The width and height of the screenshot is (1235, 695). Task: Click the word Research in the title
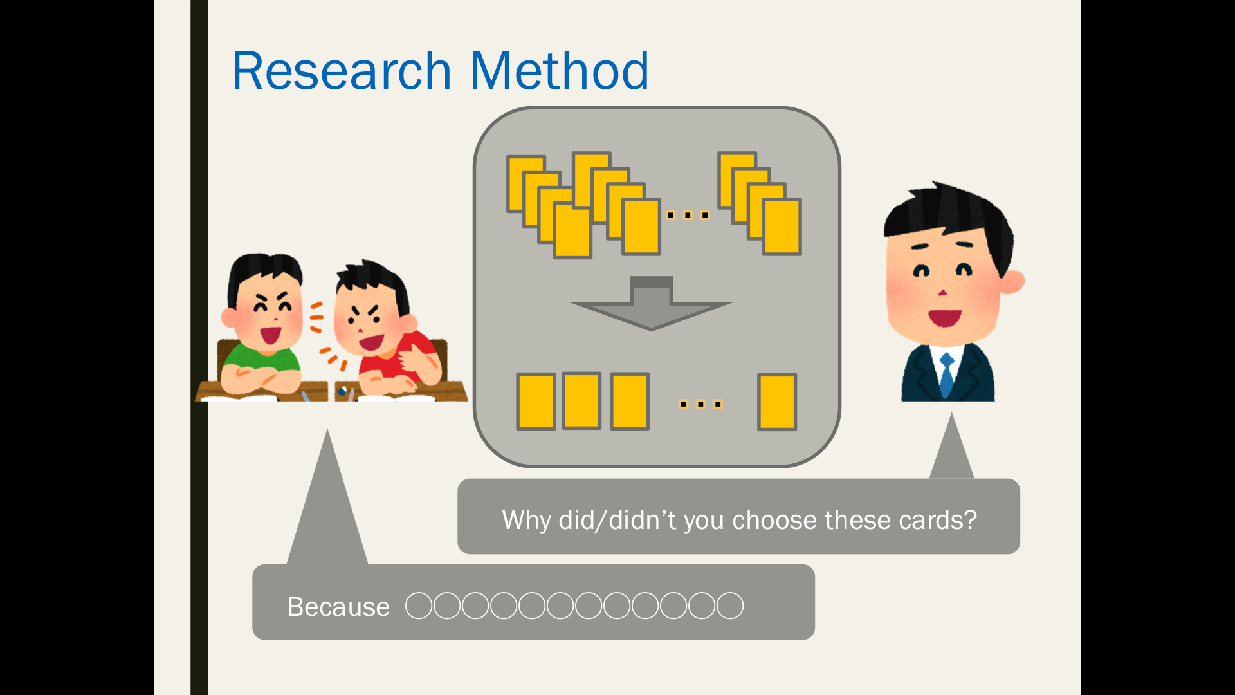click(x=342, y=71)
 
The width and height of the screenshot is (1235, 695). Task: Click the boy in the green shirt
click(x=261, y=328)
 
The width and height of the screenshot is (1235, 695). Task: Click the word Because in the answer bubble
click(x=338, y=607)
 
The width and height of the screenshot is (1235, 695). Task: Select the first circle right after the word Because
click(x=419, y=606)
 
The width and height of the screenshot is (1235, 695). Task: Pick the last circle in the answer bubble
click(x=730, y=606)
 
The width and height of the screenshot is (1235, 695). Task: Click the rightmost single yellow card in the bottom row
click(x=777, y=402)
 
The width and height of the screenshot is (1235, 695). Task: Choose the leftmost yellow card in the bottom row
click(x=536, y=402)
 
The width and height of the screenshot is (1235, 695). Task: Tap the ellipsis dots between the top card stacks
click(x=688, y=215)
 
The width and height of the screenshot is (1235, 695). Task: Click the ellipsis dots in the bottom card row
click(x=700, y=404)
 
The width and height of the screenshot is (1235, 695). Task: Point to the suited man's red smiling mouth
click(x=944, y=317)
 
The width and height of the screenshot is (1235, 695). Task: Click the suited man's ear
click(x=1012, y=281)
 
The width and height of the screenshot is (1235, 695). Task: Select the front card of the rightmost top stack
click(x=782, y=227)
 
